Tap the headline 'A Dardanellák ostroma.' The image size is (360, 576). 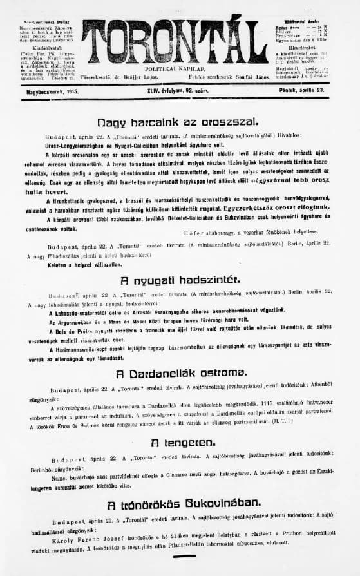(x=180, y=374)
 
